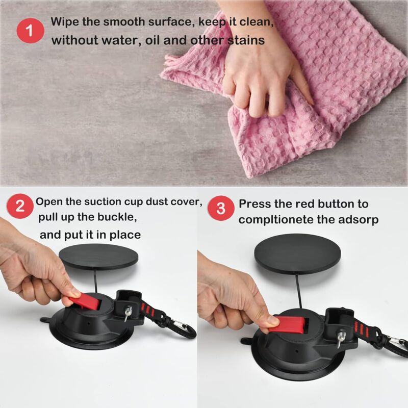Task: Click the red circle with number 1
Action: click(30, 30)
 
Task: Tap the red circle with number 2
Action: click(19, 207)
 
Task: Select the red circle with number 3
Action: click(220, 208)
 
